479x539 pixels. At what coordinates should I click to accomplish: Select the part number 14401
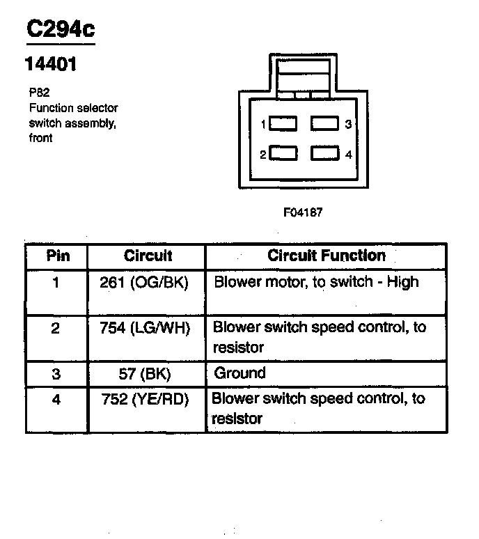50,65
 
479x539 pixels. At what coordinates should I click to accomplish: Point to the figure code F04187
302,212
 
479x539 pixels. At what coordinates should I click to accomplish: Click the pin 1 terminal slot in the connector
283,124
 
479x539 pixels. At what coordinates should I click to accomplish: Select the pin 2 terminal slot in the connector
283,153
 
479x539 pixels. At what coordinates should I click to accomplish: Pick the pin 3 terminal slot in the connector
324,124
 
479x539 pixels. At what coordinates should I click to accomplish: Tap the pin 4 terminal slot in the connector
324,153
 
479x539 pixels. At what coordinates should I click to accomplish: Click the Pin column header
58,256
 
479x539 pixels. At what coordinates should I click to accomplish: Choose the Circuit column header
148,256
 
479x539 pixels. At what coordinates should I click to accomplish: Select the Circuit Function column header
326,256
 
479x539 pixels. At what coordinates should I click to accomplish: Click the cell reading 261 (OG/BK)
144,282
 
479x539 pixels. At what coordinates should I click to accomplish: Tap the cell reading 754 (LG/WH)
145,328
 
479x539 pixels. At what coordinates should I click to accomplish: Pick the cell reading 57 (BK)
145,373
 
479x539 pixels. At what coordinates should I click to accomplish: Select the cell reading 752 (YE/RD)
145,399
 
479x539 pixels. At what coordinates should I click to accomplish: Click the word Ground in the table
239,373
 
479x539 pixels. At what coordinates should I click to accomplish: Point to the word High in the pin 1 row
403,282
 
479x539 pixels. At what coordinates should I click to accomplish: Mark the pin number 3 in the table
56,373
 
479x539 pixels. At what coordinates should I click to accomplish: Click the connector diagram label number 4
348,154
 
